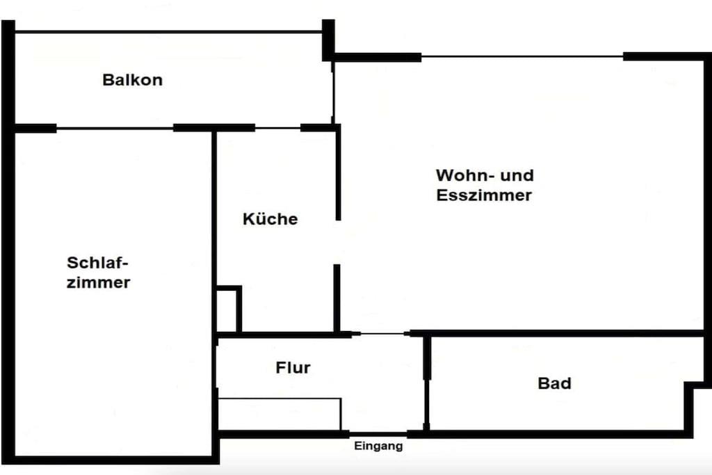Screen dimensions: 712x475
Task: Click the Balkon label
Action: point(133,80)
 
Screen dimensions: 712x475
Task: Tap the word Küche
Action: point(270,219)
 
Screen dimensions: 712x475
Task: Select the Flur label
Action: point(293,367)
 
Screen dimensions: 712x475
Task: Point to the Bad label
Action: point(554,383)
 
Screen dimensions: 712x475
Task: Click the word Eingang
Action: point(378,446)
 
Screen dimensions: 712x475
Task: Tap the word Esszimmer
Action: point(484,195)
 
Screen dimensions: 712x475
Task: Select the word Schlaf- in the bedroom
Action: point(97,262)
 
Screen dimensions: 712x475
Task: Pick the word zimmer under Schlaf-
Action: point(99,282)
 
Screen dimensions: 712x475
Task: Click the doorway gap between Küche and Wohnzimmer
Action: point(337,243)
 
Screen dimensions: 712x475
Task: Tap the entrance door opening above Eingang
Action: point(378,434)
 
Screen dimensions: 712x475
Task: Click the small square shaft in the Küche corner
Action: point(229,310)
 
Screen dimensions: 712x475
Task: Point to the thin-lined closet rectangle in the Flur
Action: point(280,414)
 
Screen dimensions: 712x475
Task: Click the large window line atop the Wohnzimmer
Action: point(522,57)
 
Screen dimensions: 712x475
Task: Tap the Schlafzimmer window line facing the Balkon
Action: point(115,129)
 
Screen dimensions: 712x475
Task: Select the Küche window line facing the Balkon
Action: point(278,128)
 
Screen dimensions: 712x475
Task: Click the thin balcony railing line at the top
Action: point(168,32)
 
